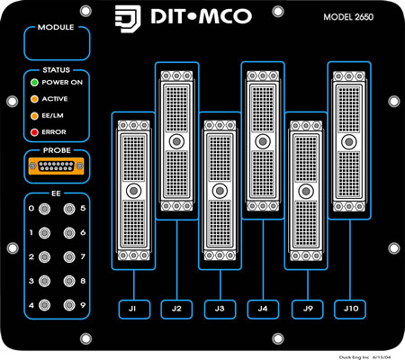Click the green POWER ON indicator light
click(x=34, y=83)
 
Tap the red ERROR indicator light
click(x=34, y=132)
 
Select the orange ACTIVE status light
click(x=34, y=99)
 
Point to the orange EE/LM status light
click(x=34, y=116)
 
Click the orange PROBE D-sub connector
click(x=56, y=166)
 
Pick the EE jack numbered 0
click(x=44, y=209)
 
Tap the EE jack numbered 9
click(x=69, y=305)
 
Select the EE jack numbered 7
click(x=69, y=256)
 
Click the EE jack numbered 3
click(x=44, y=281)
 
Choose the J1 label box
click(x=134, y=309)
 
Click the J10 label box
click(x=350, y=309)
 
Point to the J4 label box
click(x=263, y=309)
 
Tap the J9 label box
click(x=308, y=309)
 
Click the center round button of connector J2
click(x=176, y=141)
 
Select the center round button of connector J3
click(x=220, y=191)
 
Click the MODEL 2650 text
click(x=348, y=17)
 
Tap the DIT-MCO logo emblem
click(x=128, y=19)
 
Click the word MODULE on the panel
click(x=56, y=27)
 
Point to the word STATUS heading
click(x=56, y=70)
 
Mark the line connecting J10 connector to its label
click(x=350, y=260)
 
